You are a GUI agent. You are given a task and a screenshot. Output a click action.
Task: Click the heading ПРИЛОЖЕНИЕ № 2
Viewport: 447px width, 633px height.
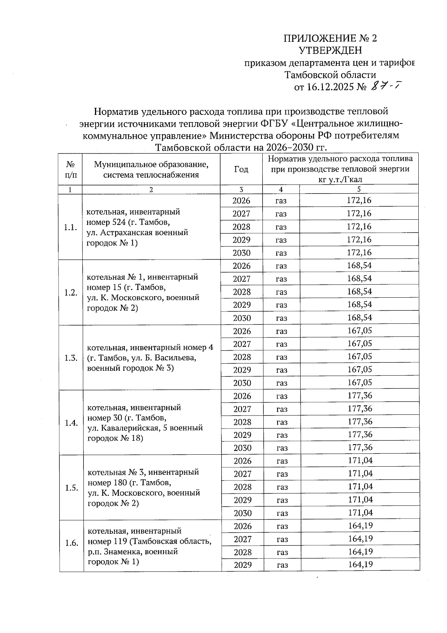coord(330,38)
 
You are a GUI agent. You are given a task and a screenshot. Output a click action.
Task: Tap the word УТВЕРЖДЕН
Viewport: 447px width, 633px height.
coord(330,50)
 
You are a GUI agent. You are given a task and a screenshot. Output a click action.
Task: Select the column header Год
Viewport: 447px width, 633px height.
coord(241,169)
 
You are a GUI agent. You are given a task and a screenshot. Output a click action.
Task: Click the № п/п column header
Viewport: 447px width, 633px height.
coord(70,169)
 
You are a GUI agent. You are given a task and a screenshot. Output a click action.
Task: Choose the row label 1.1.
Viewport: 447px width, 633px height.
coord(70,227)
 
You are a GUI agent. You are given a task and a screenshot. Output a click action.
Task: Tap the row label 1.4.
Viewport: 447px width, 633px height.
coord(71,423)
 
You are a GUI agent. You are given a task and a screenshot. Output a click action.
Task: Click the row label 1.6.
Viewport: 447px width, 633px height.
coord(71,543)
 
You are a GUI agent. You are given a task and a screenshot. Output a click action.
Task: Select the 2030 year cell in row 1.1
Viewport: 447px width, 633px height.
coord(241,253)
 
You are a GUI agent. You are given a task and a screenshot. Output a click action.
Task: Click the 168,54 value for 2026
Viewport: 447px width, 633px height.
coord(359,266)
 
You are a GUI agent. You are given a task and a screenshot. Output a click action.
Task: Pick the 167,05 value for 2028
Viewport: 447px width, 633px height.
coord(359,357)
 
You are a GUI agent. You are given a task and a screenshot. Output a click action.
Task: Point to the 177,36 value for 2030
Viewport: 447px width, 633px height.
coord(360,448)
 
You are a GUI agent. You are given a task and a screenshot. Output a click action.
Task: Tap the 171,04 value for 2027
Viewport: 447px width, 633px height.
coord(360,474)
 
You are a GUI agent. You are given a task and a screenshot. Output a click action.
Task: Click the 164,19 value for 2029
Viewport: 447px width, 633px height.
coord(360,565)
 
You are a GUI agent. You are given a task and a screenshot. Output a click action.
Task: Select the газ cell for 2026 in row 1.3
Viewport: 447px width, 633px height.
coord(282,331)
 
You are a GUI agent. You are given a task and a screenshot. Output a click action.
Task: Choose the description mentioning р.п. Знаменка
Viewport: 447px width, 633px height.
coord(149,546)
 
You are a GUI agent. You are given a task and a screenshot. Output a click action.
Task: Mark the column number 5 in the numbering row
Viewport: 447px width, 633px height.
coord(359,189)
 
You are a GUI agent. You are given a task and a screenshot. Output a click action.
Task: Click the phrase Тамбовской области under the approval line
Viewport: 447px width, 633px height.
coord(330,75)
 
